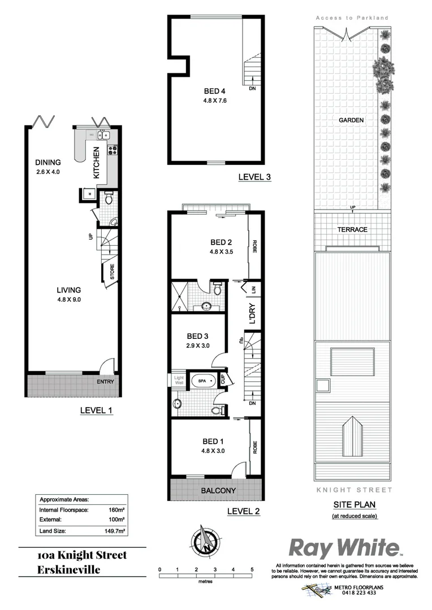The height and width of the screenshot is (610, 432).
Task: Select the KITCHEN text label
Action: click(x=97, y=163)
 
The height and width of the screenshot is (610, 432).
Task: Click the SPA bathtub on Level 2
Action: click(x=202, y=381)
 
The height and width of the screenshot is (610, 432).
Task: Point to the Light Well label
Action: click(x=179, y=380)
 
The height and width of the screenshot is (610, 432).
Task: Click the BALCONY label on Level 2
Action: click(x=218, y=490)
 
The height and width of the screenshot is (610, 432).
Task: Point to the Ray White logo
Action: click(x=345, y=547)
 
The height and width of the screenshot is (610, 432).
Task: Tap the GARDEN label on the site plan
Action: click(x=351, y=120)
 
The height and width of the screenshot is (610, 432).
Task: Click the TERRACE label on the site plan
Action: click(x=353, y=229)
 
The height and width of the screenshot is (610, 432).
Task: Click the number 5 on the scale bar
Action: click(x=252, y=569)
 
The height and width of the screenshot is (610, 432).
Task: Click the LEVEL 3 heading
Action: click(x=254, y=177)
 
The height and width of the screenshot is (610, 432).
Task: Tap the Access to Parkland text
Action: click(x=352, y=18)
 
